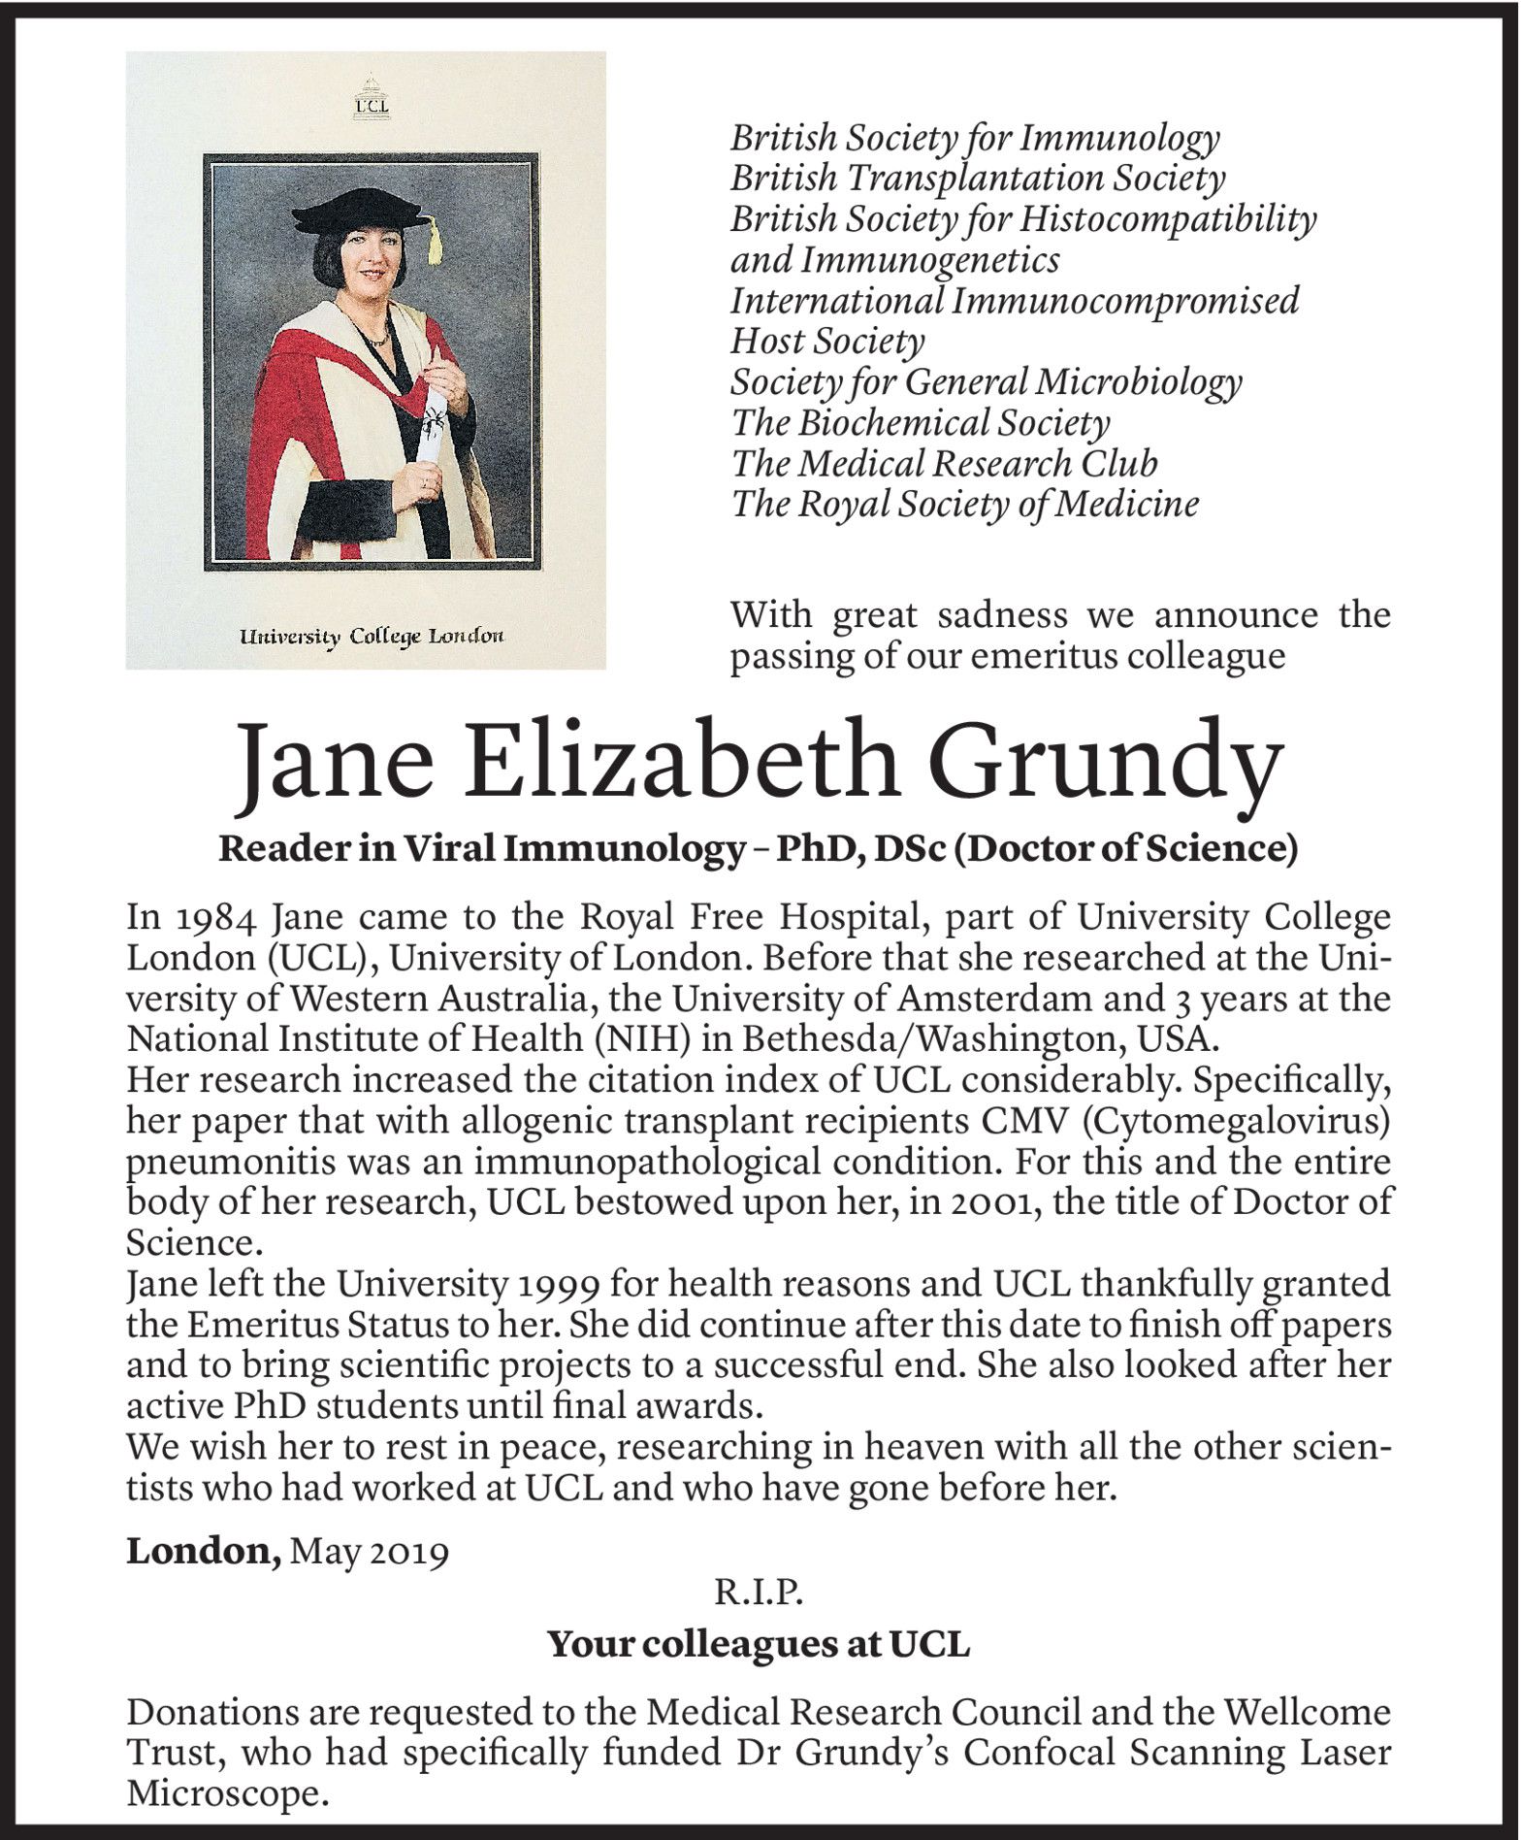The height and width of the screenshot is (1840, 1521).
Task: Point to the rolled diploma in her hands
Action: pyautogui.click(x=435, y=427)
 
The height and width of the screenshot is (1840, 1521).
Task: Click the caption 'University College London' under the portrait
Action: pyautogui.click(x=372, y=637)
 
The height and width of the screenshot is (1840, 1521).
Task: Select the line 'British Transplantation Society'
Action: pyautogui.click(x=977, y=179)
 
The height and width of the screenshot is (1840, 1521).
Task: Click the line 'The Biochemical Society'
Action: pyautogui.click(x=920, y=423)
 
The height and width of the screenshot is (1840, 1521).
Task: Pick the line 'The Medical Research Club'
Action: pyautogui.click(x=944, y=464)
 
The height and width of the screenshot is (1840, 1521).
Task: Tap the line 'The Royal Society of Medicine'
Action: pyautogui.click(x=964, y=505)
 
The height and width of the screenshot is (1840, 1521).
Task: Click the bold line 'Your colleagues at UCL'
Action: pyautogui.click(x=759, y=1644)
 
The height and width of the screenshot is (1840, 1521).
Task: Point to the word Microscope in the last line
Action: pyautogui.click(x=223, y=1794)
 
